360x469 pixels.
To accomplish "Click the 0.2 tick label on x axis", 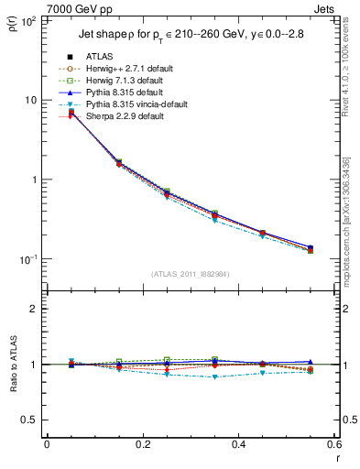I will [x=142, y=444].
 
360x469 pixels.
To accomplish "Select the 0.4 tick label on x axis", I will [x=238, y=444].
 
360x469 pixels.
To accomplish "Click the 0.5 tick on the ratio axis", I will [x=29, y=420].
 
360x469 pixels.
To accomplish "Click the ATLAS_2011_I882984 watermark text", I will [x=191, y=274].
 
